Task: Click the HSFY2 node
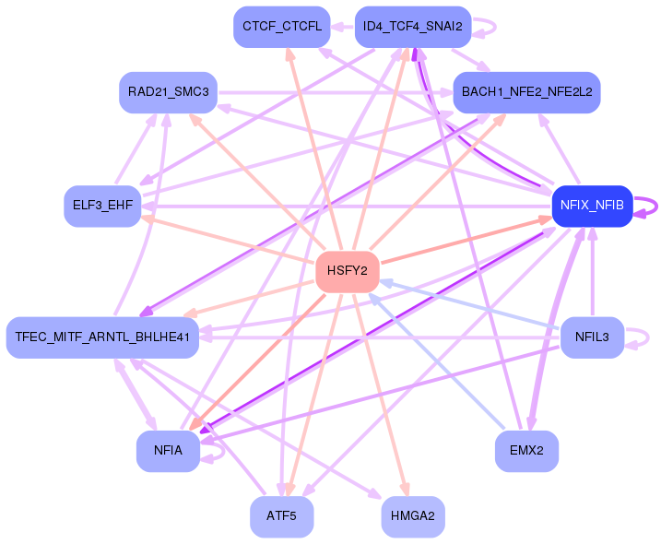click(x=348, y=272)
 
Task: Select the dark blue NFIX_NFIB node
click(x=592, y=206)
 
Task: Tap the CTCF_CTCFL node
click(x=281, y=27)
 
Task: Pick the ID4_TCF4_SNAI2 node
click(x=413, y=27)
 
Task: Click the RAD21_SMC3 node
click(x=168, y=92)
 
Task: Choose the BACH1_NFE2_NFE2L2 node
click(x=526, y=92)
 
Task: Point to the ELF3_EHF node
click(x=102, y=206)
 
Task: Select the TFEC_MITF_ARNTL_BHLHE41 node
click(x=102, y=337)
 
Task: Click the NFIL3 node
click(x=592, y=337)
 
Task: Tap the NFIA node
click(x=168, y=451)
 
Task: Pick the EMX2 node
click(x=526, y=451)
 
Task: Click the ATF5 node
click(x=281, y=516)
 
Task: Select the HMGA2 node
click(x=413, y=516)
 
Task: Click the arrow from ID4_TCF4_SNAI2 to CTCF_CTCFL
click(x=342, y=27)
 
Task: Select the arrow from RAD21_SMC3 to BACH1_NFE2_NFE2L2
click(x=336, y=92)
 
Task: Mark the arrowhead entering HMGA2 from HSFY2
click(x=405, y=490)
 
